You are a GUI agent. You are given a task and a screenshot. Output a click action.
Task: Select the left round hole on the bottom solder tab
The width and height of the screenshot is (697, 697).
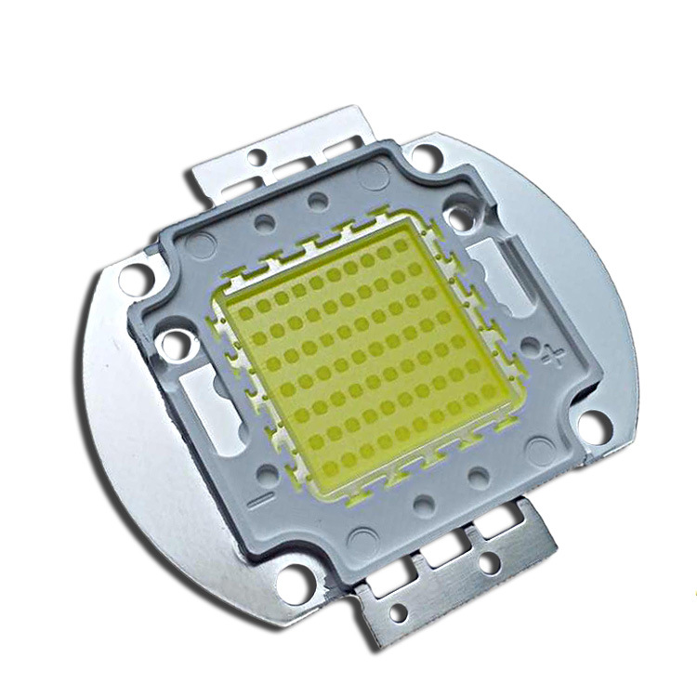(399, 613)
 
